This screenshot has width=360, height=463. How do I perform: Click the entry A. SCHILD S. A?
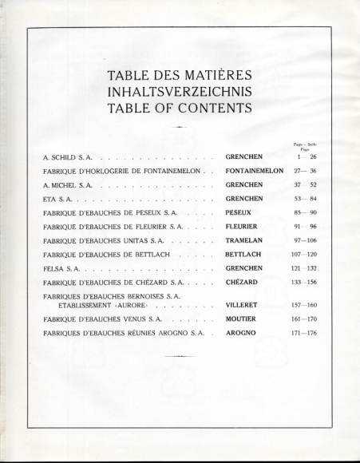pyautogui.click(x=68, y=157)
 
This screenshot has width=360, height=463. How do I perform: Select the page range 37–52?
pyautogui.click(x=304, y=184)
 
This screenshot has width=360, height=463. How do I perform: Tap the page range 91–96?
pyautogui.click(x=304, y=227)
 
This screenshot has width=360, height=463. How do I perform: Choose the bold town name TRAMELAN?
pyautogui.click(x=244, y=240)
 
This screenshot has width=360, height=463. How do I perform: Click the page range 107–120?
pyautogui.click(x=304, y=255)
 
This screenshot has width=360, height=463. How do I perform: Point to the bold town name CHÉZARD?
pyautogui.click(x=243, y=283)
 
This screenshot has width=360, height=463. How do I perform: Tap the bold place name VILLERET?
pyautogui.click(x=243, y=305)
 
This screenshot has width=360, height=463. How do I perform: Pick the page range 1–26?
pyautogui.click(x=304, y=157)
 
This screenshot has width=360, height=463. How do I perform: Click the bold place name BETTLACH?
pyautogui.click(x=244, y=255)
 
